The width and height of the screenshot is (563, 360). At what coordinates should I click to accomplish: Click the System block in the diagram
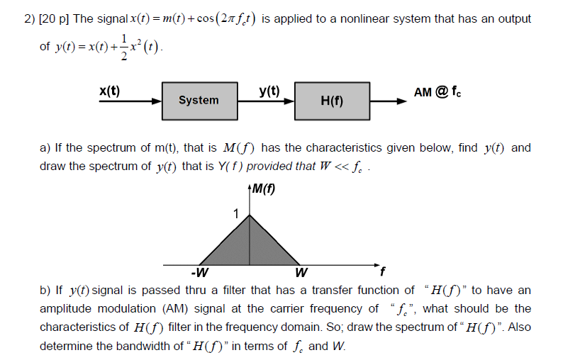(198, 100)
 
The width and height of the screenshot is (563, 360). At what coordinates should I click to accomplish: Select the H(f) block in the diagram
(331, 101)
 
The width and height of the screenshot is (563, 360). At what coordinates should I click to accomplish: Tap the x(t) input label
(109, 90)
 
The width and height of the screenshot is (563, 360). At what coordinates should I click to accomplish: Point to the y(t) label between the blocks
(269, 90)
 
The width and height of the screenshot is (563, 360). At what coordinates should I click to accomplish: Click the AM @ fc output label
(440, 91)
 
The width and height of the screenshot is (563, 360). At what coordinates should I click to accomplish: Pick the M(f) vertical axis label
(263, 189)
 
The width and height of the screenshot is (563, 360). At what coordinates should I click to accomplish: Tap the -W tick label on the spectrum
(199, 272)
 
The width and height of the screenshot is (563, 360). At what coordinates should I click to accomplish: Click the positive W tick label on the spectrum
(301, 272)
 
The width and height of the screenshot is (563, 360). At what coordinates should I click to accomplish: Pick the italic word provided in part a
(269, 167)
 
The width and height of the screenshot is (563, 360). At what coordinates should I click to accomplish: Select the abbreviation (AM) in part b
(175, 308)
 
